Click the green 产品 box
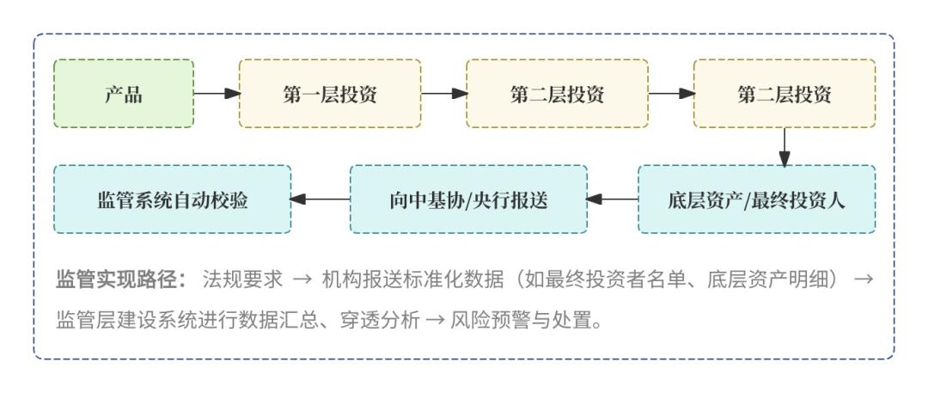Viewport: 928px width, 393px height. coord(124,94)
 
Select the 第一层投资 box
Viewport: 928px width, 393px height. coord(330,94)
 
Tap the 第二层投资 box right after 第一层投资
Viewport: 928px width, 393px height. coord(557,94)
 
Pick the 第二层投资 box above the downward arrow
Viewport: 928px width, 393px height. coord(785,94)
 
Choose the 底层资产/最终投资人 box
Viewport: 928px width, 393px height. coord(757,200)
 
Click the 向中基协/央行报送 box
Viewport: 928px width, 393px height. coord(468,200)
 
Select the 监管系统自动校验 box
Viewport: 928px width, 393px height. coord(173,200)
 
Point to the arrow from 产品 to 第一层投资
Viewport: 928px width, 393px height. coord(217,94)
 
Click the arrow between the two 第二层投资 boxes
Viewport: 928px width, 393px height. coord(671,94)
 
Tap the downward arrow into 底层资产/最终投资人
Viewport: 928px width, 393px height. coord(785,147)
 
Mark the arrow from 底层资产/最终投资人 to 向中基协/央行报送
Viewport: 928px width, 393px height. coord(613,200)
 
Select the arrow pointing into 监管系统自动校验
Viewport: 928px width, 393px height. coord(321,200)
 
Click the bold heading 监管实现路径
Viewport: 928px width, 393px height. coord(120,279)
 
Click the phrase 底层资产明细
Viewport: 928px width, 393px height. coord(781,279)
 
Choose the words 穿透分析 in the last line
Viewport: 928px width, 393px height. coord(384,322)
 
